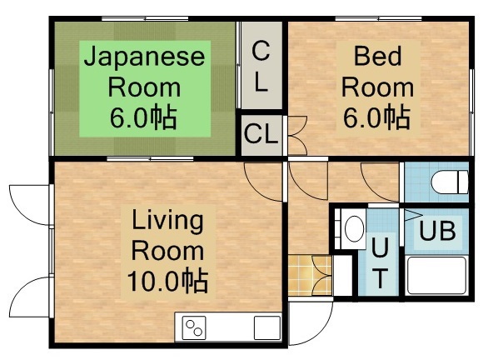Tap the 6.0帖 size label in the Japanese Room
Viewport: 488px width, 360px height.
(143, 117)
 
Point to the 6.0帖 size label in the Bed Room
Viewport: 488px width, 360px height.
(376, 117)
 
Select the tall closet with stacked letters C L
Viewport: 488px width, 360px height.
(261, 67)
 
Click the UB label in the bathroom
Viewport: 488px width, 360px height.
(436, 231)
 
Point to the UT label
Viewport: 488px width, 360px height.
(380, 262)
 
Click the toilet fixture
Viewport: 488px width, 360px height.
(445, 181)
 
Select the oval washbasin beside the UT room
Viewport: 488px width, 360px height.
(353, 227)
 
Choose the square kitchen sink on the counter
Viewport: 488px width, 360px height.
(266, 327)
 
